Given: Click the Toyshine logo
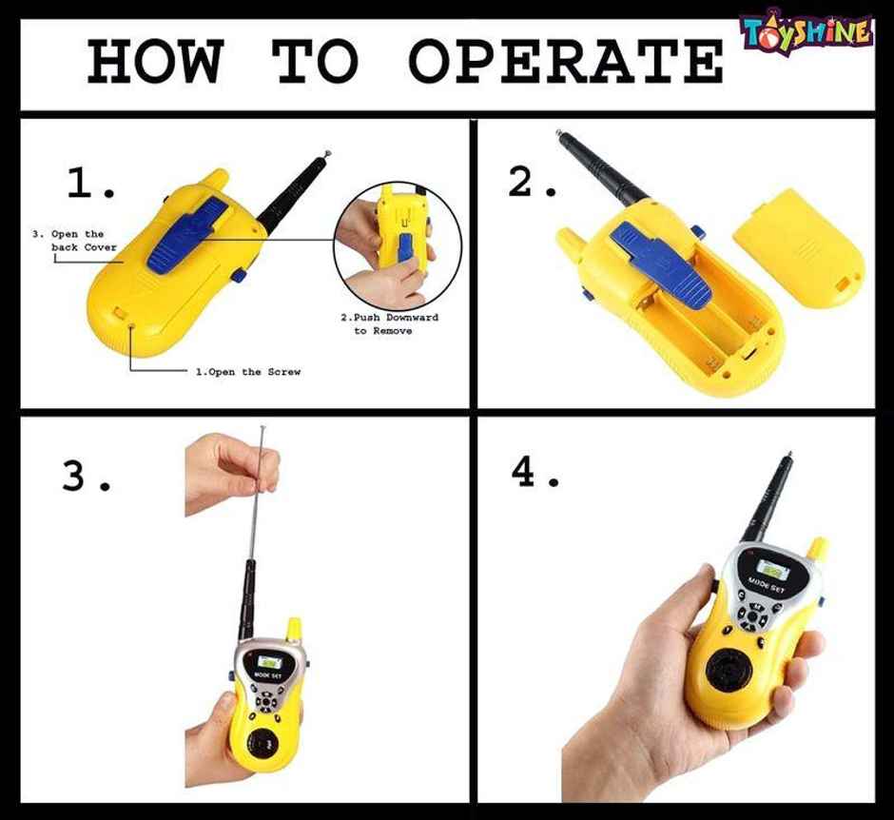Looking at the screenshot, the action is tap(807, 31).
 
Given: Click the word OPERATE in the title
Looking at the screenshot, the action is tap(566, 61).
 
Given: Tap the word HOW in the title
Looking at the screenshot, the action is tap(155, 61).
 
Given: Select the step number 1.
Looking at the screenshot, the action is tap(90, 183).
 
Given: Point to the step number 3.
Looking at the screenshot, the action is tap(87, 477).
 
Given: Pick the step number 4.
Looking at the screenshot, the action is tap(534, 474).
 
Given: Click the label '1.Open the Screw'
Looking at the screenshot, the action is tap(248, 372).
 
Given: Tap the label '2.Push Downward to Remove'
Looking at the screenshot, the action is tap(390, 323).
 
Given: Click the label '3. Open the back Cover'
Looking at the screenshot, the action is tap(75, 241).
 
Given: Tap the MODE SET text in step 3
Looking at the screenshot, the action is tap(268, 675).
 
